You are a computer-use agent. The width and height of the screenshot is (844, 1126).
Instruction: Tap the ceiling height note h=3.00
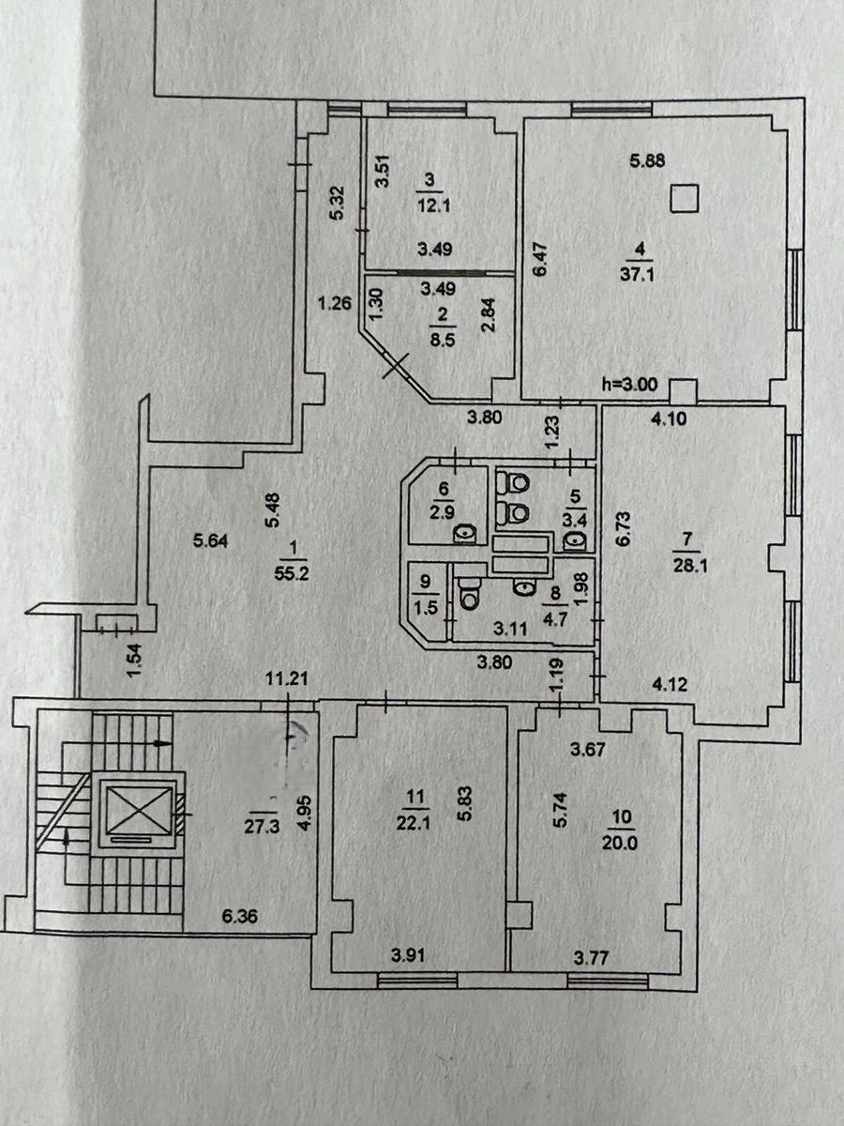pos(630,384)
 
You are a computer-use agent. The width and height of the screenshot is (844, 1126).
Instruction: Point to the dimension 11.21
pos(287,679)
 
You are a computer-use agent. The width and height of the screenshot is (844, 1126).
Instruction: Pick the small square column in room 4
pos(686,198)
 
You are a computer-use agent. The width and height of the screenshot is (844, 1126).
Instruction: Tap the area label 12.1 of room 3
pos(433,206)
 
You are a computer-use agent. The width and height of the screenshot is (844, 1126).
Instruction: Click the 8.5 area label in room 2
pos(443,341)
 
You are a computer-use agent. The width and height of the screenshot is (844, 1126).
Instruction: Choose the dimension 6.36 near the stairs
pos(240,916)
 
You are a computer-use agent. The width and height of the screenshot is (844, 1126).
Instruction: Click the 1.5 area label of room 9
pos(426,608)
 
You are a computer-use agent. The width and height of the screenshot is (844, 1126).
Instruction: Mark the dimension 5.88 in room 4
pos(647,160)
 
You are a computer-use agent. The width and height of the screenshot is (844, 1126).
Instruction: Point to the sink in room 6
pos(465,535)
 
